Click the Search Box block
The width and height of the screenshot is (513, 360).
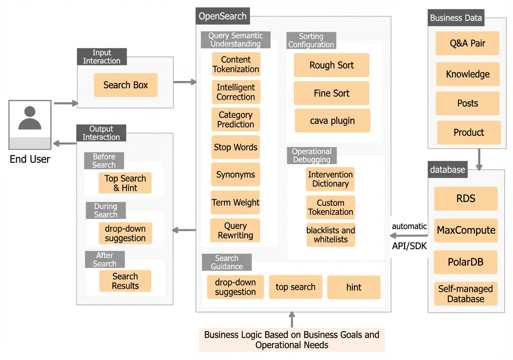coord(126,85)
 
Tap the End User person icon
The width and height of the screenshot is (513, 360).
coord(30,125)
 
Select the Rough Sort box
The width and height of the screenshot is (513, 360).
coord(331,65)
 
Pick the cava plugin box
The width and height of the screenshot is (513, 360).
coord(333,120)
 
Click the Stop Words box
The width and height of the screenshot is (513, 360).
coord(235,147)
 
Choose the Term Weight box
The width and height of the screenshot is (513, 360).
coord(235,202)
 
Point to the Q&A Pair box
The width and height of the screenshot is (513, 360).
coord(468,43)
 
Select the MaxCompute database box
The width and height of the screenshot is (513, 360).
coord(466,230)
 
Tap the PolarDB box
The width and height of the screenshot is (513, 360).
coord(466,262)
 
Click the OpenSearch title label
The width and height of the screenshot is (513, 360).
coord(223,16)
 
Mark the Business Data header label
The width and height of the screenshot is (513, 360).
coord(456,17)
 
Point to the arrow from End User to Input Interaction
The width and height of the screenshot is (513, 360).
coord(66,103)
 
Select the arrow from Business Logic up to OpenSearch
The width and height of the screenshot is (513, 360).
coord(292,320)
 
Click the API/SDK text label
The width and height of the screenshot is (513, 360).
coord(409,246)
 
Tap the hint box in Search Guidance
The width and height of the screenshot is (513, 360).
coord(354,287)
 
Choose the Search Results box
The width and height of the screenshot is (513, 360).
coord(125,281)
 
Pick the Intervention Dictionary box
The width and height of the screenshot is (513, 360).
coord(330,179)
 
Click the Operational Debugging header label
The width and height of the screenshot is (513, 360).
coord(312,155)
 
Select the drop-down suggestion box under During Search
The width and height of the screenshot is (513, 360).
coord(125,233)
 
